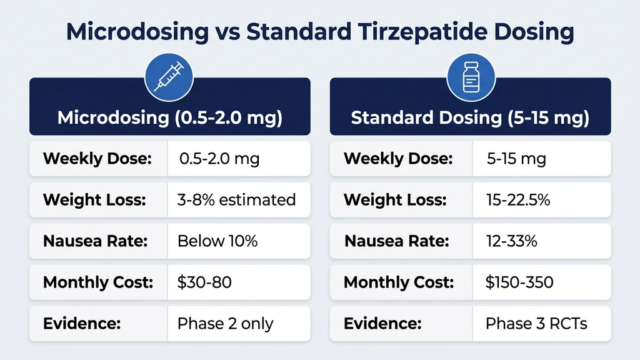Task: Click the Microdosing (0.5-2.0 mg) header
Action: coord(169,117)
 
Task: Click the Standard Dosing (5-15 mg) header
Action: coord(470,117)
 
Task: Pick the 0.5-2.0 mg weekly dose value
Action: coord(219,159)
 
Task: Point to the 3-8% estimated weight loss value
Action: coord(236,200)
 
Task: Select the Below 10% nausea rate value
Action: coord(217,241)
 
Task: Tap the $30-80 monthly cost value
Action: coord(204,282)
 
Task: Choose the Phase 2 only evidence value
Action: coord(225,323)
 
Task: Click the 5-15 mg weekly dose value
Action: coord(516,159)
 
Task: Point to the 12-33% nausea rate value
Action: coord(511,241)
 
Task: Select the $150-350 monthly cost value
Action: coord(519,282)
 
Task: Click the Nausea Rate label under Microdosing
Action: coord(95,241)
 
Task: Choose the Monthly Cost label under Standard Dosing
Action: coord(398,282)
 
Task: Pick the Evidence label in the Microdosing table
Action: coord(81,323)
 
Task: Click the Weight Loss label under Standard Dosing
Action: coord(395,200)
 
